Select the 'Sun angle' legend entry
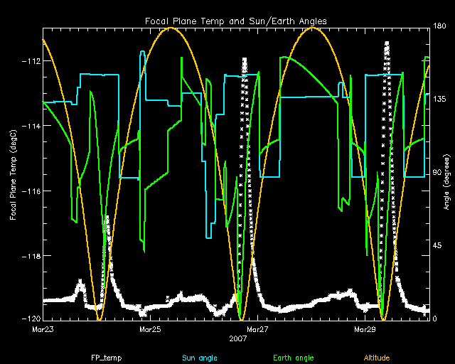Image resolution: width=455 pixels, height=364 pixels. (x=200, y=356)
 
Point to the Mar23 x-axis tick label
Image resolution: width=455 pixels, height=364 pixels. (x=43, y=330)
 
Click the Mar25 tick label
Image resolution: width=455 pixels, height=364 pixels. (x=150, y=330)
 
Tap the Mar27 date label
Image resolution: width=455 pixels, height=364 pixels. (x=257, y=330)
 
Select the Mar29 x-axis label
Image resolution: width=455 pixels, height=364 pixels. (x=365, y=330)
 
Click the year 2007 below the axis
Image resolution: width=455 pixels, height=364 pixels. (x=238, y=339)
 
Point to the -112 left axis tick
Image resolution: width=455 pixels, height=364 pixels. (x=31, y=61)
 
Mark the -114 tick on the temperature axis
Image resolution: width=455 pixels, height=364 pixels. (x=31, y=126)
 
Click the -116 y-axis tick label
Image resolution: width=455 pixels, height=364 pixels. (x=31, y=191)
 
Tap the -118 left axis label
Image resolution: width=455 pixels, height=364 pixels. (x=31, y=256)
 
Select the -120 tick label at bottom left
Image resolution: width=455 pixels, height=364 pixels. (x=31, y=319)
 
